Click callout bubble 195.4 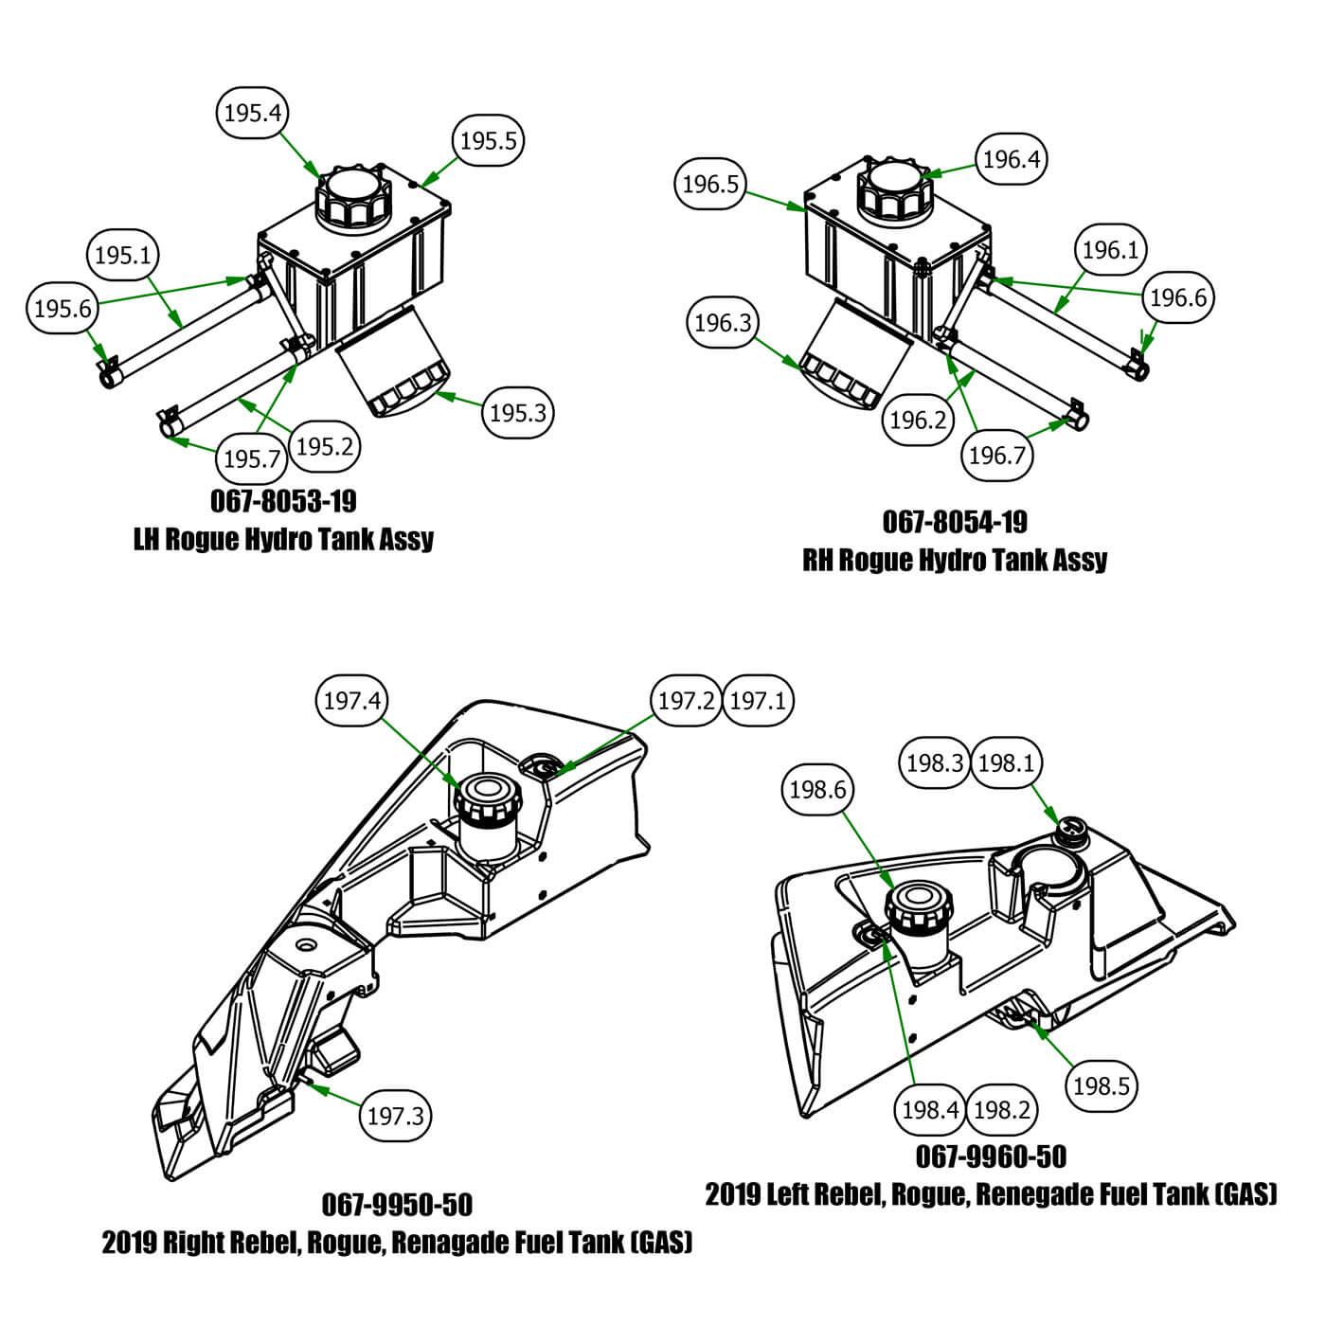tap(253, 114)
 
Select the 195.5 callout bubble tap(488, 141)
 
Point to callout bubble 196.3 tap(723, 324)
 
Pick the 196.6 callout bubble tap(1177, 297)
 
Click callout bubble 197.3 tap(395, 1116)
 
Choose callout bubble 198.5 tap(1101, 1085)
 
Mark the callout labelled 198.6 tap(817, 789)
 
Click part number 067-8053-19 tap(283, 500)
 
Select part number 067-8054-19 tap(955, 522)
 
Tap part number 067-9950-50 tap(397, 1205)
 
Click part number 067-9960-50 tap(991, 1156)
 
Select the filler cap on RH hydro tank tap(895, 189)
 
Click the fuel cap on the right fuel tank tap(487, 802)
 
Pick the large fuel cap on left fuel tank tap(916, 907)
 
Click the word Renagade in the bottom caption tap(451, 1243)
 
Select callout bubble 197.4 tap(352, 701)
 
